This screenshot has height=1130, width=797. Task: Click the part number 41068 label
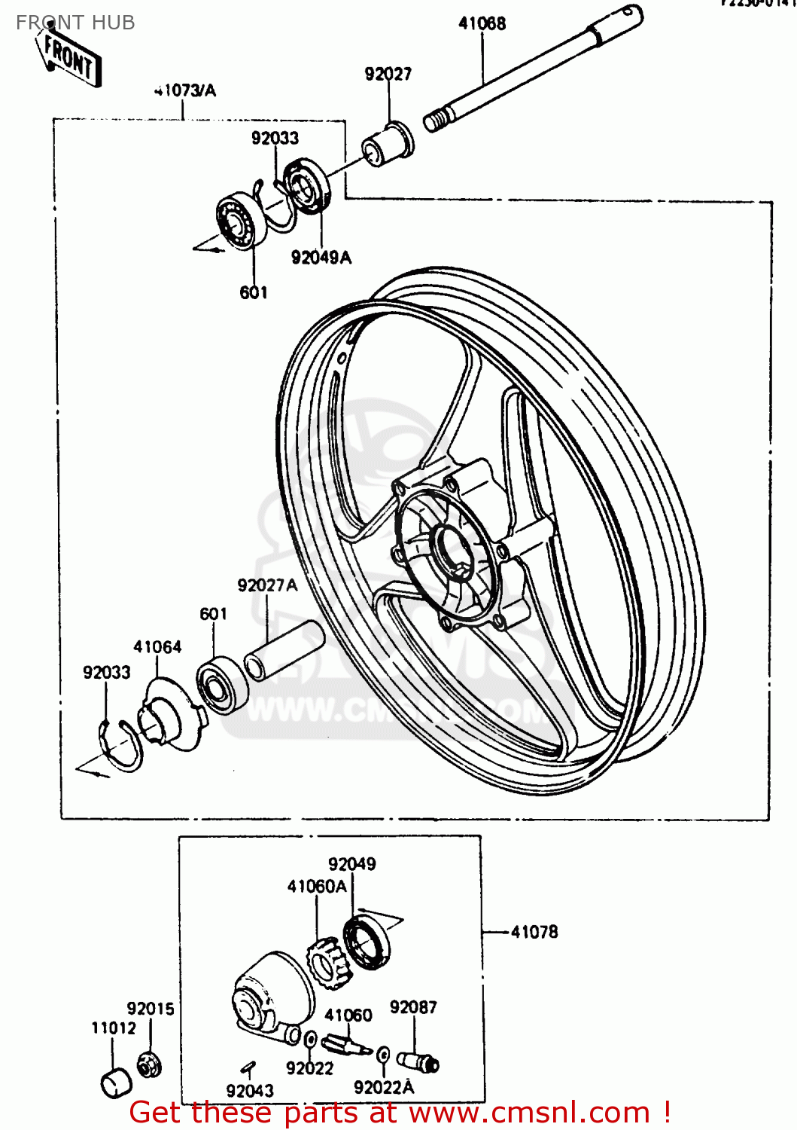[x=482, y=23]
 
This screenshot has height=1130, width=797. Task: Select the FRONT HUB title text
[x=75, y=23]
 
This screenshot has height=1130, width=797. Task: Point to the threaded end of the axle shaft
[x=437, y=119]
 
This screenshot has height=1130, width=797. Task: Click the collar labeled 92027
[x=388, y=143]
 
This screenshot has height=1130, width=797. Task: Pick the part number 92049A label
[x=321, y=258]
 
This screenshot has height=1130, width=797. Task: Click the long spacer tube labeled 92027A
[x=284, y=649]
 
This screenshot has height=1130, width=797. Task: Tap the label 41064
[x=157, y=647]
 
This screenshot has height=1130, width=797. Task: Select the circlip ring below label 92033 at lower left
[x=119, y=747]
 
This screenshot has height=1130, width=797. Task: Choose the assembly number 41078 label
[x=534, y=932]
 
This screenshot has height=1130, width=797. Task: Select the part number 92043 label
[x=250, y=1090]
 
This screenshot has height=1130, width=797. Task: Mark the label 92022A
[x=384, y=1087]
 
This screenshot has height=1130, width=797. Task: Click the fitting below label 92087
[x=418, y=1061]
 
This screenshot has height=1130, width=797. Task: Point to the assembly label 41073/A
[x=185, y=91]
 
